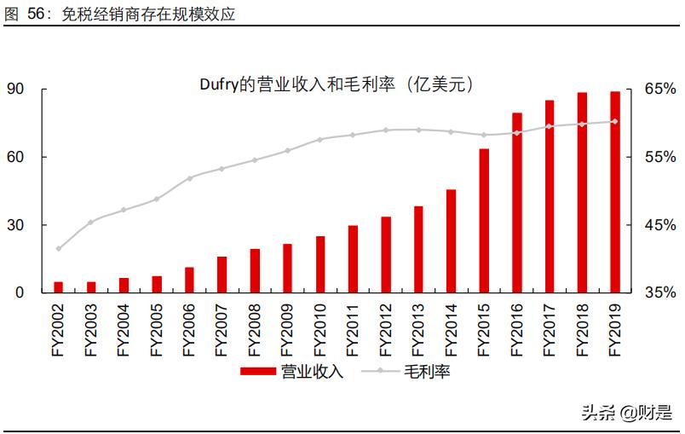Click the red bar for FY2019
click(614, 192)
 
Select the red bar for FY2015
click(484, 221)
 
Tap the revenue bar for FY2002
click(59, 287)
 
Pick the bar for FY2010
click(320, 264)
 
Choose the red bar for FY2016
click(516, 203)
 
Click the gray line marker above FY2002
click(59, 249)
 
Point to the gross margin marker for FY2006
click(189, 177)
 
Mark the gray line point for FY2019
click(614, 121)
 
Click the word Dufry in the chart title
click(216, 84)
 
